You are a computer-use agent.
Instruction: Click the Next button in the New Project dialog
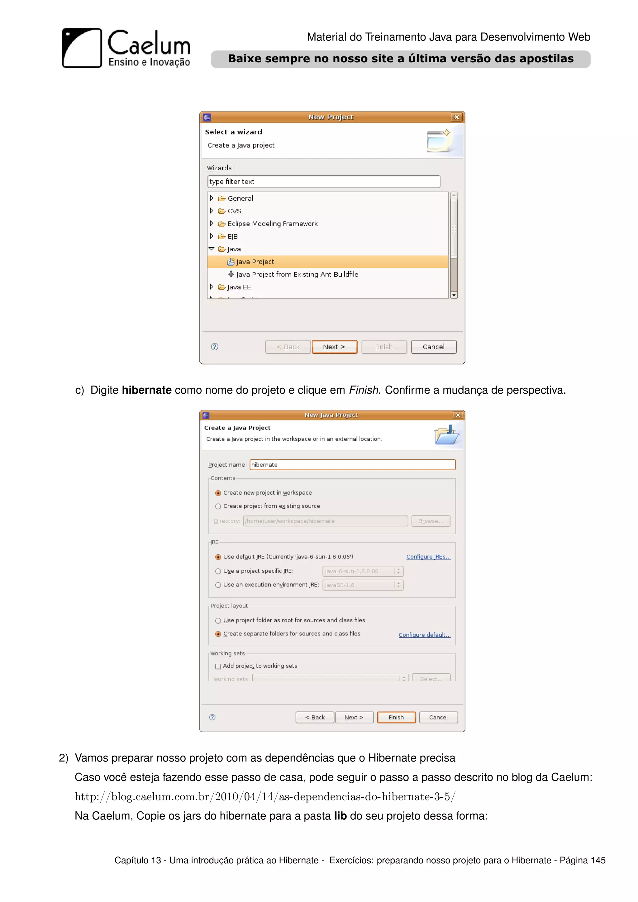(334, 347)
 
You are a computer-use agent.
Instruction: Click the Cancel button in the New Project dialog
(433, 347)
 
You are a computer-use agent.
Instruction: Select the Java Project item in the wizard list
(255, 262)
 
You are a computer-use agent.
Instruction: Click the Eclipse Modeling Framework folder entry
(272, 224)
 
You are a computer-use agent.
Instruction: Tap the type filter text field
(323, 182)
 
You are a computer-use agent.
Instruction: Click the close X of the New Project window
(456, 117)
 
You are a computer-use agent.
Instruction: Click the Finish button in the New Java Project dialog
(396, 717)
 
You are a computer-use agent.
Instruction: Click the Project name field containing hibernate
(352, 465)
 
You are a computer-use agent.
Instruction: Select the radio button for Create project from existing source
(218, 506)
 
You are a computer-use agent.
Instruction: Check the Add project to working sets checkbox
(218, 666)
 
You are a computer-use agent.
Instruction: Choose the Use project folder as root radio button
(218, 621)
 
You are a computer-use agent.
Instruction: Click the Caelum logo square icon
(82, 48)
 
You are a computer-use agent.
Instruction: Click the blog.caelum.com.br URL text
(265, 797)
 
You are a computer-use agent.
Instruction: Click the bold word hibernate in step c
(146, 390)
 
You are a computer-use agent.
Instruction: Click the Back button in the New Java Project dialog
(315, 717)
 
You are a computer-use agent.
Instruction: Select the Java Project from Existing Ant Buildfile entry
(297, 274)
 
